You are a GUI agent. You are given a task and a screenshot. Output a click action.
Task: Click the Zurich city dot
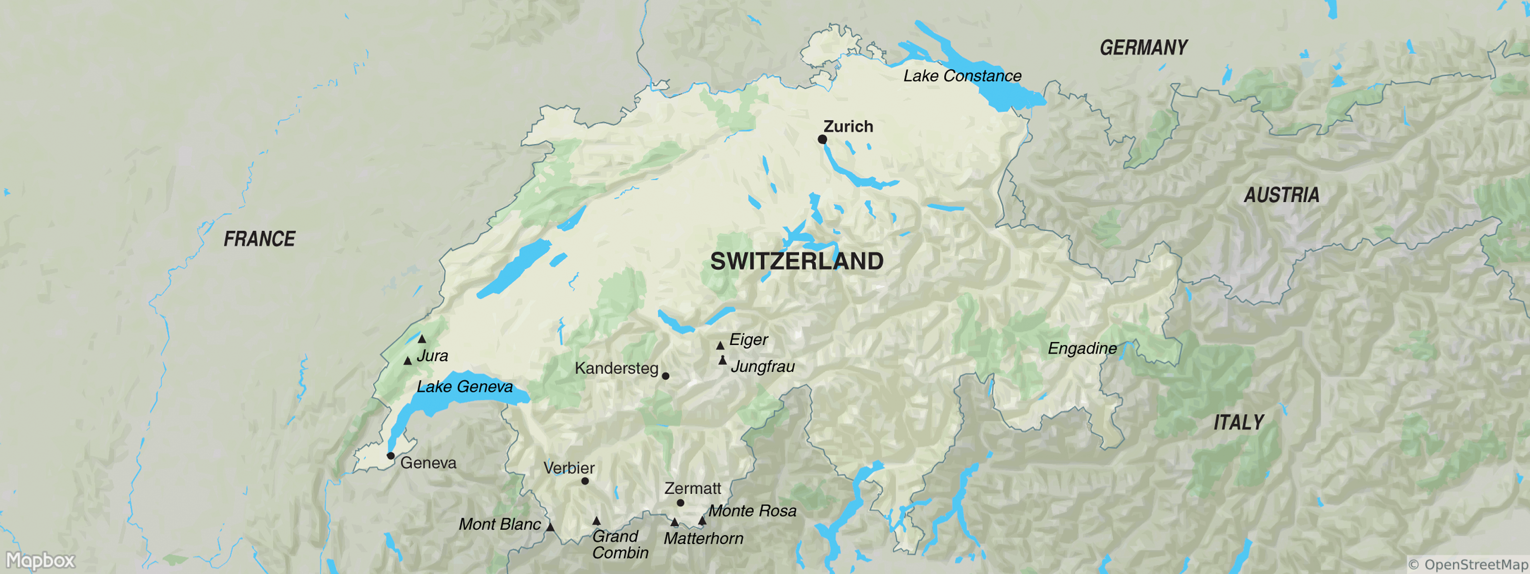[x=822, y=139]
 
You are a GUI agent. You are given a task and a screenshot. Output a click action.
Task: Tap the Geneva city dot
[x=390, y=456]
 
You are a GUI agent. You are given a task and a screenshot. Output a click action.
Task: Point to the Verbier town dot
[x=585, y=481]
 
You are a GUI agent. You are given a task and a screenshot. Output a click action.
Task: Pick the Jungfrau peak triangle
[x=722, y=361]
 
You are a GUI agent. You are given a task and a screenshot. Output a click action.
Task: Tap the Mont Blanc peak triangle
[x=551, y=527]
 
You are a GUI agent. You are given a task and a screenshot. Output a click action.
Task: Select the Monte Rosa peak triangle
[x=702, y=521]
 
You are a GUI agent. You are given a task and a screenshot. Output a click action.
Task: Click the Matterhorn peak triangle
[x=674, y=523]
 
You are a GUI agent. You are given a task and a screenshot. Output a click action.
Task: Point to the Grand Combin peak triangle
[x=596, y=521]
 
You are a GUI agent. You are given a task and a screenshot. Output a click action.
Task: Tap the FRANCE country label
[x=259, y=239]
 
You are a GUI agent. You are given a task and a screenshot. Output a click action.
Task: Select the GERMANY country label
[x=1143, y=47]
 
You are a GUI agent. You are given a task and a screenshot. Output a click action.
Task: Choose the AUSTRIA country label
[x=1281, y=195]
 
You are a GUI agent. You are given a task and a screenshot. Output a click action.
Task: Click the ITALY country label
[x=1238, y=422]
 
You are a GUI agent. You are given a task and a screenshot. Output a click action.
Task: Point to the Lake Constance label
[x=962, y=76]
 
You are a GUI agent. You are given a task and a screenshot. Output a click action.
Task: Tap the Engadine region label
[x=1082, y=348]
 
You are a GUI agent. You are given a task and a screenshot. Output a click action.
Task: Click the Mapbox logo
[x=40, y=560]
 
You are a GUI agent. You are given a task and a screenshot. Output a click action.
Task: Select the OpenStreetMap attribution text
[x=1467, y=564]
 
